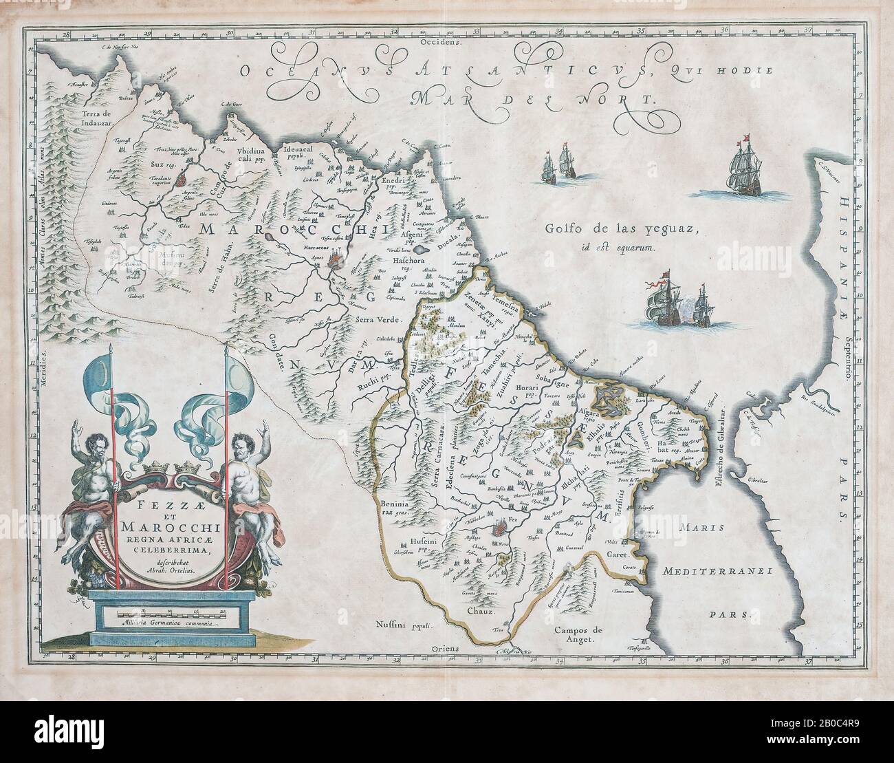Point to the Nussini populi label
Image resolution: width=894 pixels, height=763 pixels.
pos(406,625)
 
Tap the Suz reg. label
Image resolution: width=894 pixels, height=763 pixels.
pos(162,165)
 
